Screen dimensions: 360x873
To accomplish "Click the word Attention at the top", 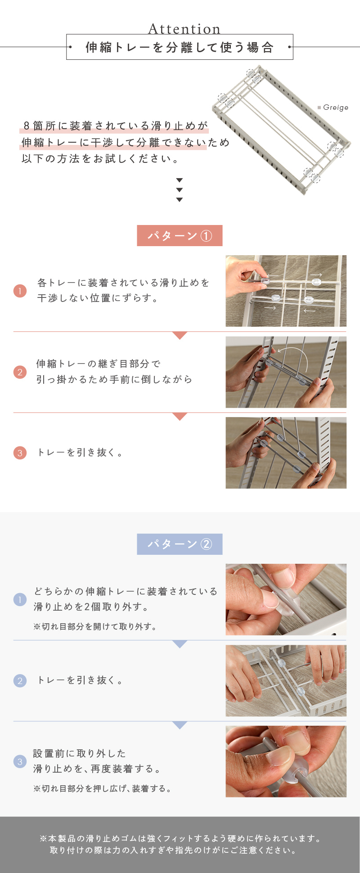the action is click(184, 29).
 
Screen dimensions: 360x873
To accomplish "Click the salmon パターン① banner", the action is click(180, 235).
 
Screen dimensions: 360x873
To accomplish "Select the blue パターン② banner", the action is click(180, 544).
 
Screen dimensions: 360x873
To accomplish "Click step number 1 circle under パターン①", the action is click(20, 291).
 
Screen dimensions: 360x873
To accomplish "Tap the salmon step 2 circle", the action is click(20, 372).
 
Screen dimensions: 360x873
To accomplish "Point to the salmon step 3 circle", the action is click(20, 453).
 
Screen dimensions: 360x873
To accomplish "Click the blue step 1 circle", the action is click(20, 599).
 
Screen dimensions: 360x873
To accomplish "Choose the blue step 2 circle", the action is click(20, 680).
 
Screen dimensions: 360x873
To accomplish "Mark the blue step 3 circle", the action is click(20, 761).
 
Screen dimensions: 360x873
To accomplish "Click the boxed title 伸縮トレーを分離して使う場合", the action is click(180, 47).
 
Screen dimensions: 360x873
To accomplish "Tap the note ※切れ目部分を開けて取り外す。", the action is click(95, 626).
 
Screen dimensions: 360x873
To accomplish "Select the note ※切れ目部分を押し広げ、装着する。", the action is click(102, 788).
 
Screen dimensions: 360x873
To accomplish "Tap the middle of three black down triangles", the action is click(180, 190).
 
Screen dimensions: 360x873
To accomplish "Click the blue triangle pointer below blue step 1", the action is click(180, 644).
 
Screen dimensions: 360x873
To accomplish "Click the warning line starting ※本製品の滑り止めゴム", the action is click(180, 838).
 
